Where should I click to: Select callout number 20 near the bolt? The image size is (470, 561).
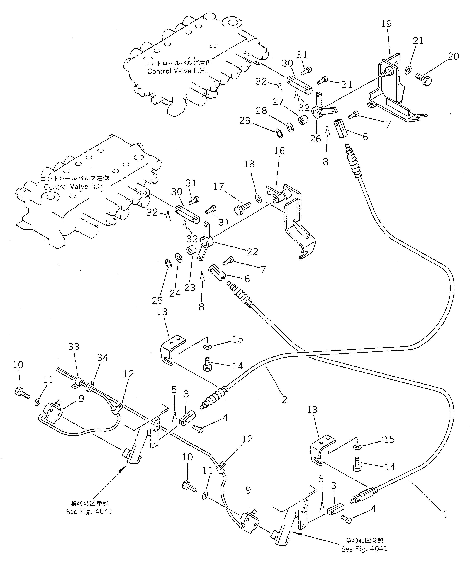tap(453, 57)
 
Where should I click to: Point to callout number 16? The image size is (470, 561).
tap(279, 151)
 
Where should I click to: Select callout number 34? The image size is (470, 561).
tap(103, 357)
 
